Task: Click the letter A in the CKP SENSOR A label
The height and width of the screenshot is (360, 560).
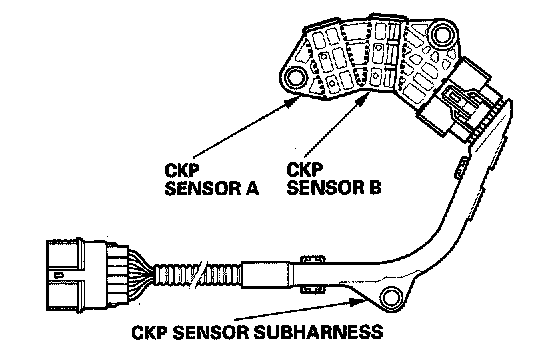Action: point(251,188)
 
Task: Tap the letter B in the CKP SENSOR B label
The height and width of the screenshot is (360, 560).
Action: point(374,187)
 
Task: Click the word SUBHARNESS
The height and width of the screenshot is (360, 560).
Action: point(318,332)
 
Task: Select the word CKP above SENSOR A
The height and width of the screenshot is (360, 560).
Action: point(181,170)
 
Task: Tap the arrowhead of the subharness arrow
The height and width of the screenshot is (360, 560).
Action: point(357,302)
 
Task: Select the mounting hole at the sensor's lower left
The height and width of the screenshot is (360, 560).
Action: point(295,78)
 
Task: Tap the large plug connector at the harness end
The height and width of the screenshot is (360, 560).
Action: point(88,274)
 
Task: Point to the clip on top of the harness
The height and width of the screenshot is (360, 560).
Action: point(312,260)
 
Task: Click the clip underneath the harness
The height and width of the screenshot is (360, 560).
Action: point(312,288)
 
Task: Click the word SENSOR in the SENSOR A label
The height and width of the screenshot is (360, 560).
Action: point(202,188)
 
